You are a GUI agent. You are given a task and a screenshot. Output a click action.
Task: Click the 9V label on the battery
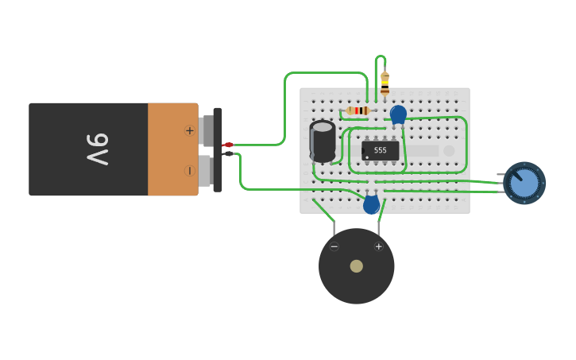click(x=98, y=149)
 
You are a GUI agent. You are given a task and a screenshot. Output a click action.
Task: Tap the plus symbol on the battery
click(x=190, y=130)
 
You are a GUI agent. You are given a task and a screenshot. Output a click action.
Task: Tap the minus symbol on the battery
click(x=190, y=170)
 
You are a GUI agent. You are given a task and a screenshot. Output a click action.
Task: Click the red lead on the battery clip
click(x=228, y=145)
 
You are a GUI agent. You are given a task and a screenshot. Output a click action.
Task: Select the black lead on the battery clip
click(x=228, y=153)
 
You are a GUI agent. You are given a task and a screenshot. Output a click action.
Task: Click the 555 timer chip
click(x=380, y=150)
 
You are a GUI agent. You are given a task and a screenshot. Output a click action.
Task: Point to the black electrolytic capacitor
click(x=323, y=141)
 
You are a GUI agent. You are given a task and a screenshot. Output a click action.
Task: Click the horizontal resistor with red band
click(x=359, y=110)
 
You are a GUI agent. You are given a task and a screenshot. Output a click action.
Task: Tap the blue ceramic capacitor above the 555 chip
click(x=398, y=114)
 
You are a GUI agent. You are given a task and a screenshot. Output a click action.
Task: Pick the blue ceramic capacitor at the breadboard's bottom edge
click(x=371, y=204)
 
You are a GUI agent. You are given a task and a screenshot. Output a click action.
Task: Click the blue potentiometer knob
click(x=524, y=183)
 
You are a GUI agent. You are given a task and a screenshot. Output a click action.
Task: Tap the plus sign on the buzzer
click(x=378, y=246)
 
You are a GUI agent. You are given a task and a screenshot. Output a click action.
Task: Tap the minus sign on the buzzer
click(x=334, y=246)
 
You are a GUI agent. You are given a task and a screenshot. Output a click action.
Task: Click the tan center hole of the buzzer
click(x=357, y=266)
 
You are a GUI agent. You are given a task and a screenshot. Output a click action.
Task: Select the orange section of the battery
click(x=171, y=149)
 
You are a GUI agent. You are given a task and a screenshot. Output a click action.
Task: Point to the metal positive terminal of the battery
click(x=206, y=130)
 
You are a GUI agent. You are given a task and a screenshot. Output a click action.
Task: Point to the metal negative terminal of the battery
click(x=205, y=170)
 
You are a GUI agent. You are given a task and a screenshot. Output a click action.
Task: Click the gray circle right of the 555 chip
click(x=449, y=150)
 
